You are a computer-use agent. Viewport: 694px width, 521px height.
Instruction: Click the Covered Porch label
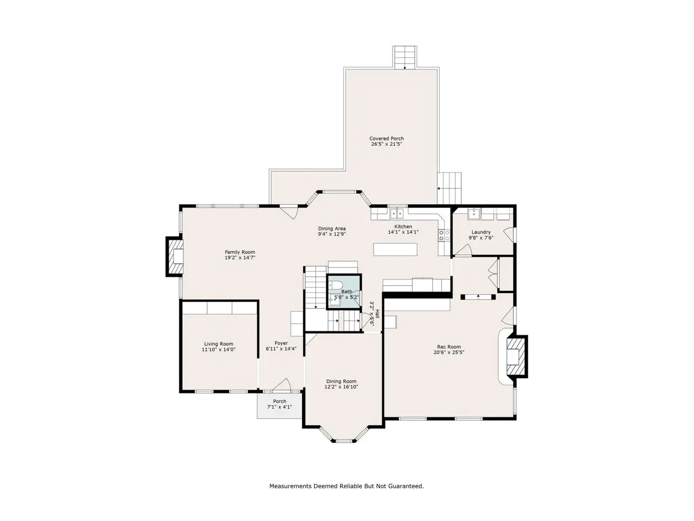click(387, 138)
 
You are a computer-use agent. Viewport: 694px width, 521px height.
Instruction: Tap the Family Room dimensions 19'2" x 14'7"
click(240, 257)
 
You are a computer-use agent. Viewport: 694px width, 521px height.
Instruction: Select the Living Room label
click(219, 344)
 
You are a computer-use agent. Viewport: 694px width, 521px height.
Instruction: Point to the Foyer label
click(281, 343)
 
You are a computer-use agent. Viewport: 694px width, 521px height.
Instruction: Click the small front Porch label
click(279, 401)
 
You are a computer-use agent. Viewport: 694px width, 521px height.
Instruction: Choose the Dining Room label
click(341, 381)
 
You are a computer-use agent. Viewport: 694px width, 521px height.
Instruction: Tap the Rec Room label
click(448, 347)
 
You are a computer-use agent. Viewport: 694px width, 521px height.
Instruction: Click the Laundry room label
click(481, 232)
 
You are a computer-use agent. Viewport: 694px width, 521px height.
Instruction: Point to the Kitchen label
click(403, 226)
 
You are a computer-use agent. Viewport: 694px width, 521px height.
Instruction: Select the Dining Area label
click(332, 228)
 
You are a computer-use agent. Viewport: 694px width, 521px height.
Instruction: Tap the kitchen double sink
click(397, 213)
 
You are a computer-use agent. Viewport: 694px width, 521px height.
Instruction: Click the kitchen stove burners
click(444, 235)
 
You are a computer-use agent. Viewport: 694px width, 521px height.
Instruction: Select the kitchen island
click(395, 249)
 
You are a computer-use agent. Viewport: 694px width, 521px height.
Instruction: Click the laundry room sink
click(474, 213)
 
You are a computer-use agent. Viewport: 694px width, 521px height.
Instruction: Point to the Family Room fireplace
click(175, 257)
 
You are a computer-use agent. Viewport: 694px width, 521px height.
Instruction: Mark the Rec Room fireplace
click(517, 357)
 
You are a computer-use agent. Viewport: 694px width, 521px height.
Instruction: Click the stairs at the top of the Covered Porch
click(404, 58)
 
